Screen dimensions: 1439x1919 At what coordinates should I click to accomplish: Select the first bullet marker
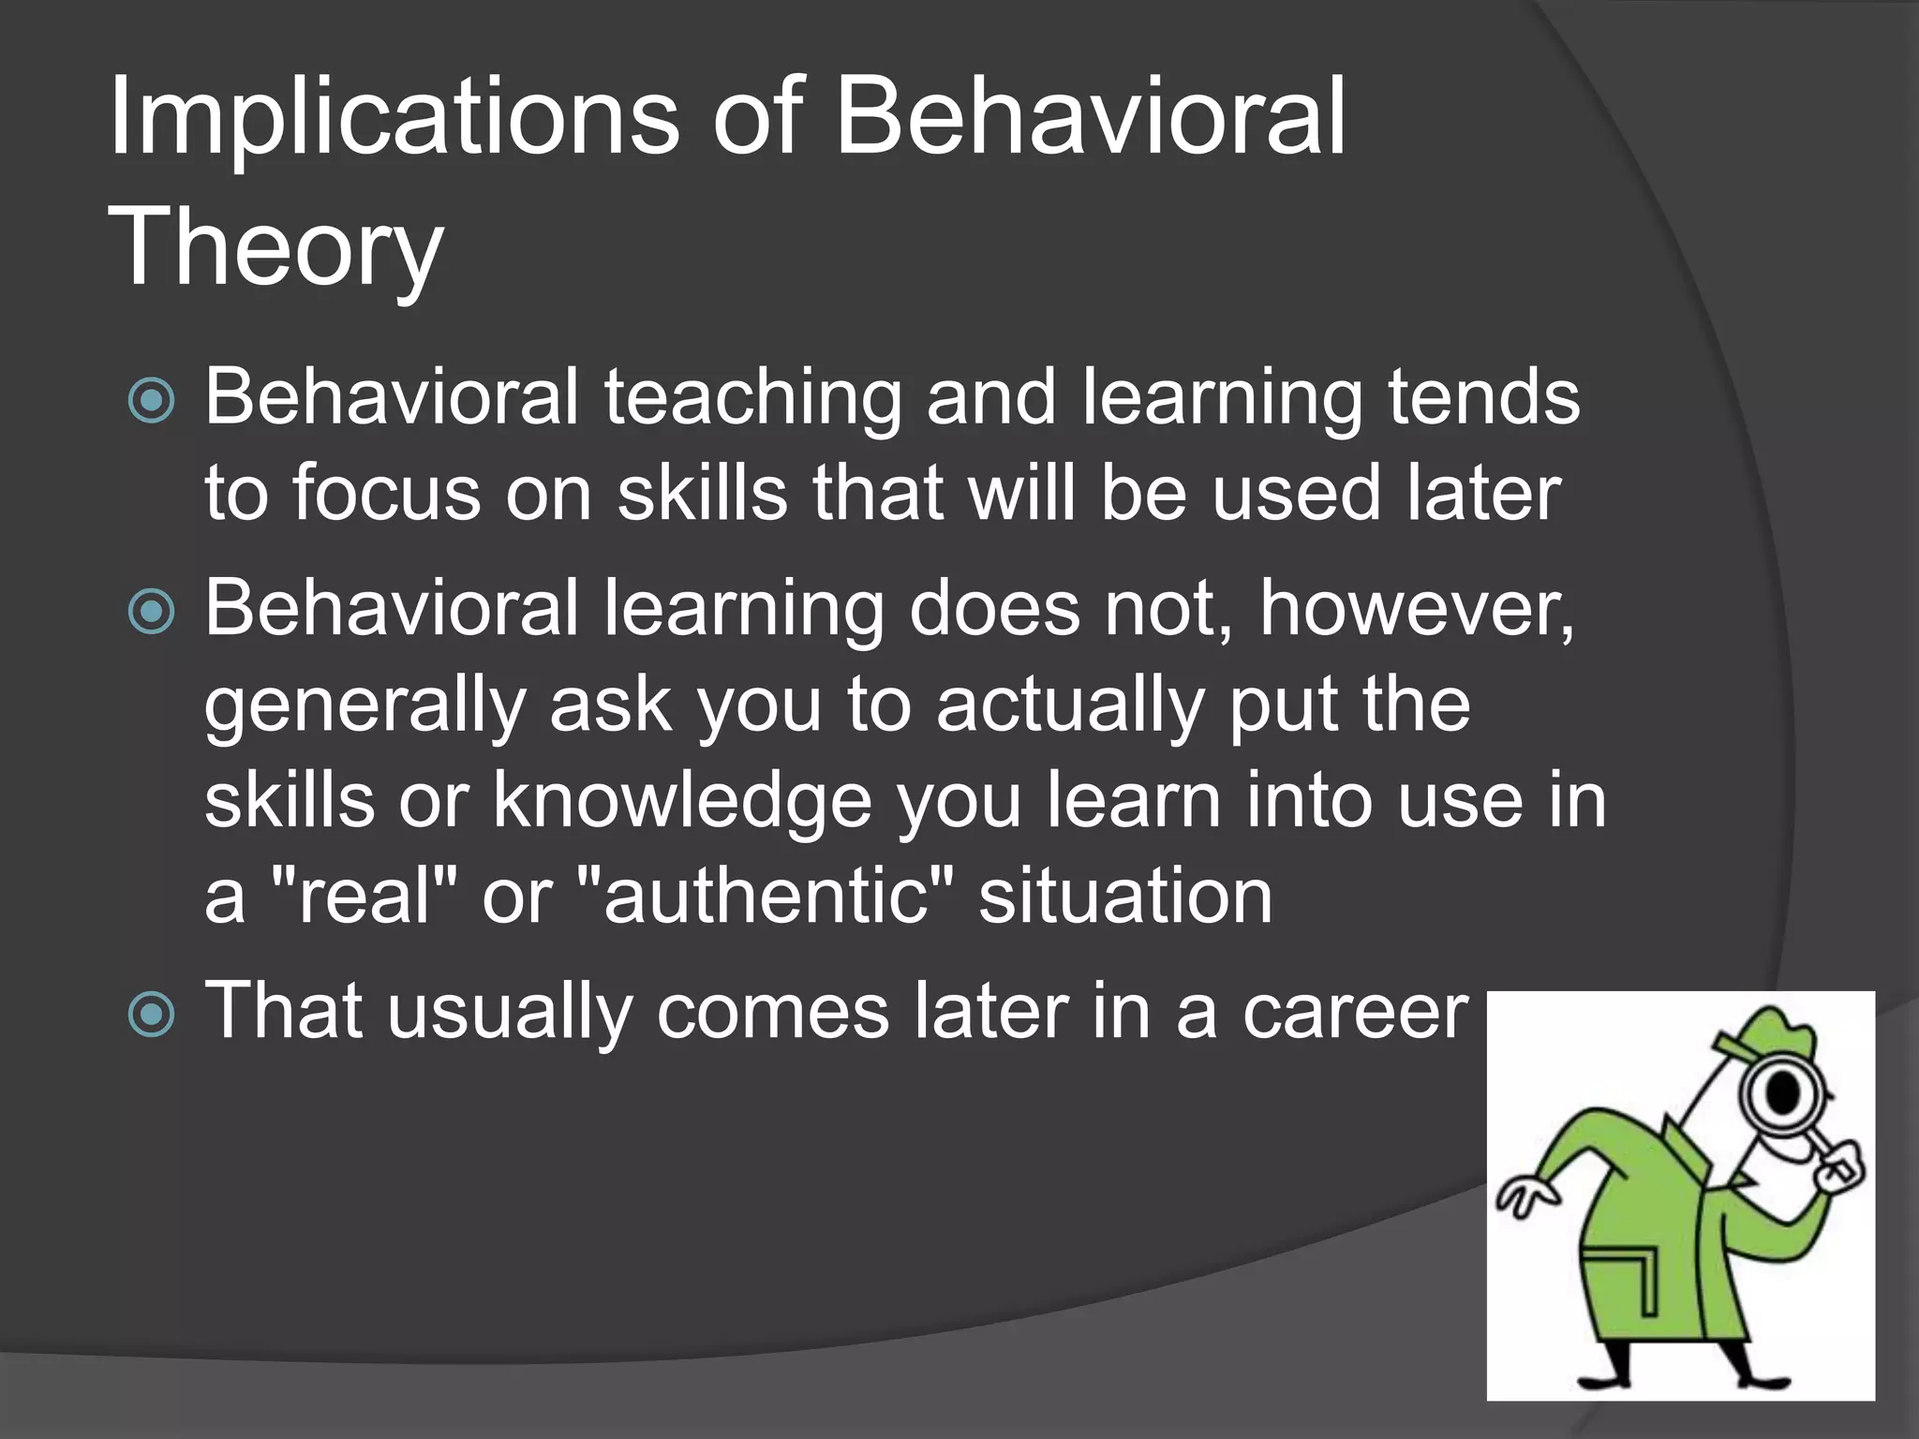tap(151, 401)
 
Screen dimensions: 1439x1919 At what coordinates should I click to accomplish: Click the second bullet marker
tap(151, 612)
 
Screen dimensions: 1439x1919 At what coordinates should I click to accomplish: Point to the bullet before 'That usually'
tap(151, 1015)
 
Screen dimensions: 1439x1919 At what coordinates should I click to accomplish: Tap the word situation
tap(1125, 897)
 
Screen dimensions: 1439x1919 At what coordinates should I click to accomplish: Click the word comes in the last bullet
tap(773, 1015)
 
